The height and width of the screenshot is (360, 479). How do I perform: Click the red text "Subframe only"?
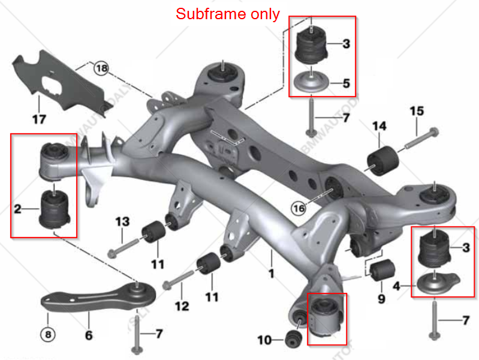coord(228,14)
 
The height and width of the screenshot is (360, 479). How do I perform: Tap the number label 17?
coord(38,119)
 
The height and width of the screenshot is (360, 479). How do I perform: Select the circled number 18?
coord(101,68)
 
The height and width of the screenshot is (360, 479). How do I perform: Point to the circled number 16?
coord(298,208)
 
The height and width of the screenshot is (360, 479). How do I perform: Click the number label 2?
coord(18,209)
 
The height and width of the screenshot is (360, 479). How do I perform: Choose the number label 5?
coord(346,83)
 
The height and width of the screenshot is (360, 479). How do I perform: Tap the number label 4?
coord(396,287)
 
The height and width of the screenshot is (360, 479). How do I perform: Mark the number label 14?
coord(379,126)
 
